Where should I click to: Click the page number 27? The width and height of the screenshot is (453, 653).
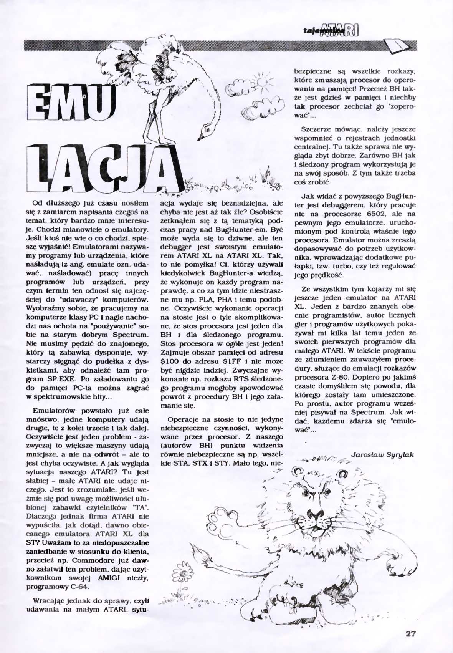[x=410, y=634]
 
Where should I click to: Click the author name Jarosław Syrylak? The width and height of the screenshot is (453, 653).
[x=382, y=454]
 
